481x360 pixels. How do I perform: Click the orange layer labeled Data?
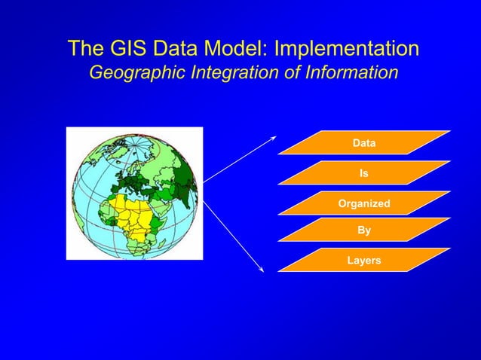point(363,142)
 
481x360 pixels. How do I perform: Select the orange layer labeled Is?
point(363,172)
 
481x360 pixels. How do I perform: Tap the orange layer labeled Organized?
point(363,203)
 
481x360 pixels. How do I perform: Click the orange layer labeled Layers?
point(363,261)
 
